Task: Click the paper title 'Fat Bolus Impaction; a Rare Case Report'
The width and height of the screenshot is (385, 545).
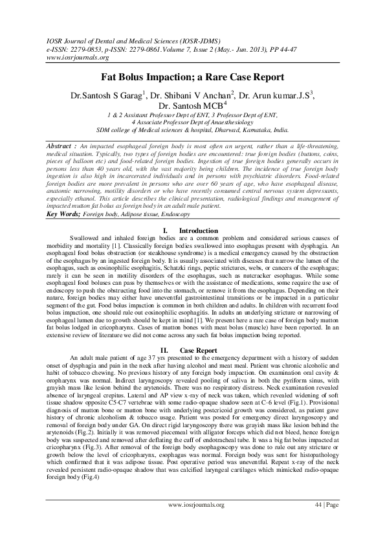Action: pyautogui.click(x=192, y=77)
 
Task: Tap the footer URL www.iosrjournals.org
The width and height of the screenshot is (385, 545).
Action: pyautogui.click(x=196, y=522)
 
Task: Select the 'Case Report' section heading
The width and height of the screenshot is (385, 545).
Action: pyautogui.click(x=198, y=350)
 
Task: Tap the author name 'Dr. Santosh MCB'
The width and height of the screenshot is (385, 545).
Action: pyautogui.click(x=190, y=105)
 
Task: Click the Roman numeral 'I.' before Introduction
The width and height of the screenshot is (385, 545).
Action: pyautogui.click(x=166, y=230)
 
